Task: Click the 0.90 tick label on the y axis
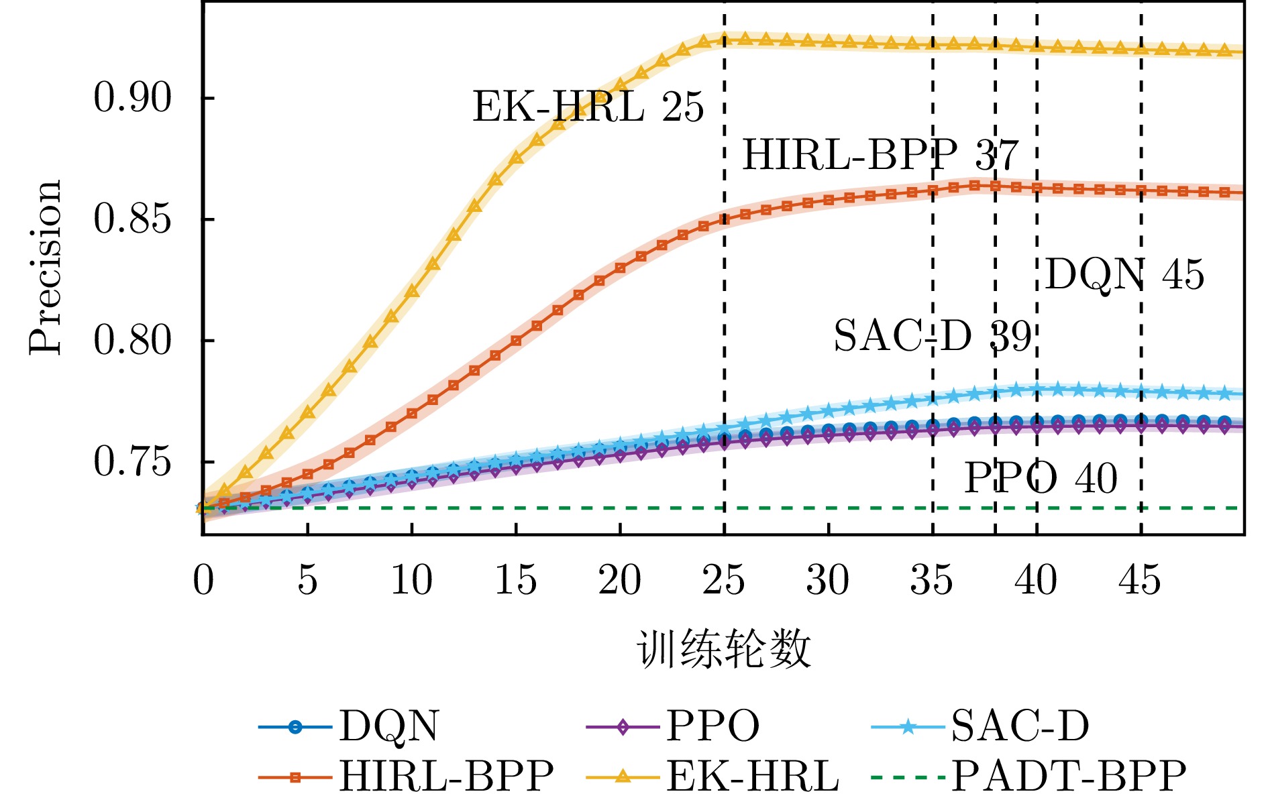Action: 132,98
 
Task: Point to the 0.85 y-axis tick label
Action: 132,219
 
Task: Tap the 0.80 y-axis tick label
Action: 132,341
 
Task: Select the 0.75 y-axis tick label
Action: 132,462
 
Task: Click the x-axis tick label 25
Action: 724,581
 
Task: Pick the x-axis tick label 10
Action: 411,581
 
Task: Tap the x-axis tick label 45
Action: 1140,581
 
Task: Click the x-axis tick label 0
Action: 203,581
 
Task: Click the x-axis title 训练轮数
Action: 724,649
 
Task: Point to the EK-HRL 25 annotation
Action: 588,107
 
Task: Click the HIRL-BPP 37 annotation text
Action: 880,156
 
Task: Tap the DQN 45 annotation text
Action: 1124,275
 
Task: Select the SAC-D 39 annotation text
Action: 932,336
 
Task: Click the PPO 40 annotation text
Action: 1041,479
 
